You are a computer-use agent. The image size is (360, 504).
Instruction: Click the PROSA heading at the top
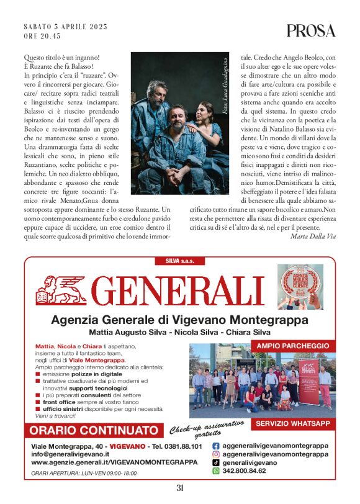pyautogui.click(x=311, y=30)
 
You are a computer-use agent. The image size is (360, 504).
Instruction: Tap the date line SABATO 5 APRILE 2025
pyautogui.click(x=65, y=27)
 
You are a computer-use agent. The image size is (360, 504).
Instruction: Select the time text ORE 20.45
pyautogui.click(x=43, y=36)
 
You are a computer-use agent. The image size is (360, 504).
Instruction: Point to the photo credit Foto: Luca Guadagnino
pyautogui.click(x=224, y=84)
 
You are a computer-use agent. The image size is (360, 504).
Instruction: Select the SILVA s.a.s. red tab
pyautogui.click(x=179, y=260)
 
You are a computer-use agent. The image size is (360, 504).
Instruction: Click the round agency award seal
pyautogui.click(x=300, y=287)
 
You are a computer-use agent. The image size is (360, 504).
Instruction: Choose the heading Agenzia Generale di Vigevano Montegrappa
pyautogui.click(x=179, y=320)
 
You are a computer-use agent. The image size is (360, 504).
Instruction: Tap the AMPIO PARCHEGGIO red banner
pyautogui.click(x=292, y=345)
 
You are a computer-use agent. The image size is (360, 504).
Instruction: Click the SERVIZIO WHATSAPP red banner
pyautogui.click(x=292, y=424)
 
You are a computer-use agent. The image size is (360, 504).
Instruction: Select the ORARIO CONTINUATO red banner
pyautogui.click(x=94, y=430)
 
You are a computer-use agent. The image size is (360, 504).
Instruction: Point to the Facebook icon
pyautogui.click(x=216, y=446)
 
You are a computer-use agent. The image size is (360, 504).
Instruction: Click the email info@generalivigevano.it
pyautogui.click(x=70, y=454)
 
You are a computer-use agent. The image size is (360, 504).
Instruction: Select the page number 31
pyautogui.click(x=180, y=488)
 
